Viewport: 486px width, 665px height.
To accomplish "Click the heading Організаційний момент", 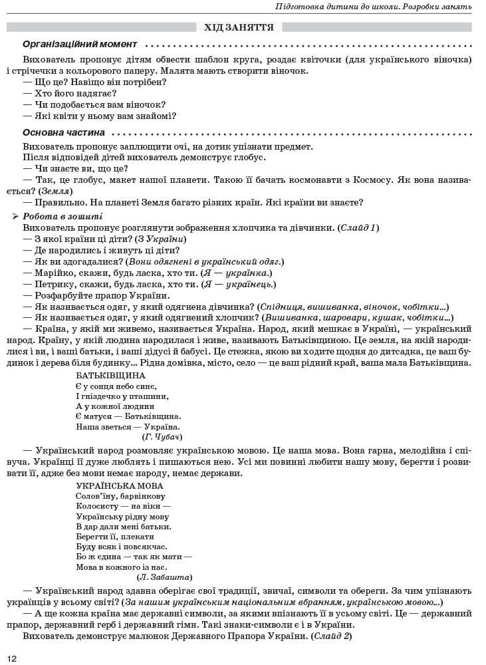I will [80, 45].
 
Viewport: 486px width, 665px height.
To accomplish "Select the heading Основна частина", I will [63, 132].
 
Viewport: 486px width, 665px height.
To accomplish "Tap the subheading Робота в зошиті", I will [62, 216].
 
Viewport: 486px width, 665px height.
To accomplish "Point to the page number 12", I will [12, 658].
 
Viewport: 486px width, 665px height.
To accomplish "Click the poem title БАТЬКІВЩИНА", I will [110, 375].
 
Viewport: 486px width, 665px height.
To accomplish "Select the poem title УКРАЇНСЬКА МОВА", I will [119, 485].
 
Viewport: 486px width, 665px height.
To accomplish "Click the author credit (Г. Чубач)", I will [162, 437].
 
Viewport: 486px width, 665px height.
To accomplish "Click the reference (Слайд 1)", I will [358, 227].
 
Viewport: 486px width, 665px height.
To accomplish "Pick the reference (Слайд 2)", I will [330, 636].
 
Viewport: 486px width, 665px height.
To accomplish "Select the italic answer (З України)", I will [160, 239].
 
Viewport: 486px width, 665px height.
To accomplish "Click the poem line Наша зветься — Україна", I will [128, 426].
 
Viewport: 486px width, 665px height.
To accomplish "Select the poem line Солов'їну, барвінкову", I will [120, 496].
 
